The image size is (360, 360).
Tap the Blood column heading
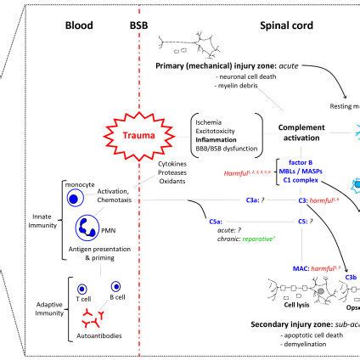coord(79,25)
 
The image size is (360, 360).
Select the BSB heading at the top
coord(138,25)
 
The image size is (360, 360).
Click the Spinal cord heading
coord(284,25)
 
